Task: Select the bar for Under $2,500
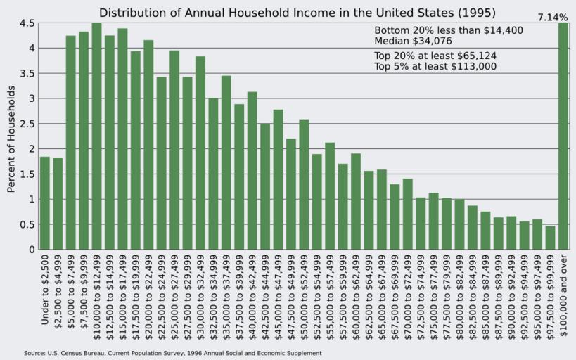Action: point(45,203)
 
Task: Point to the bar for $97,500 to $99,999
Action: point(550,238)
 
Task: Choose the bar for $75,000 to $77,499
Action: point(433,221)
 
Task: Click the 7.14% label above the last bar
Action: point(553,17)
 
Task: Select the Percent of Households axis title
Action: point(11,139)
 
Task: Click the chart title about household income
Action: point(297,13)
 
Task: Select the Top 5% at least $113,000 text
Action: point(435,66)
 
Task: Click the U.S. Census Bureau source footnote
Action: point(172,353)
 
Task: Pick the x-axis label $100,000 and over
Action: point(563,295)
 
